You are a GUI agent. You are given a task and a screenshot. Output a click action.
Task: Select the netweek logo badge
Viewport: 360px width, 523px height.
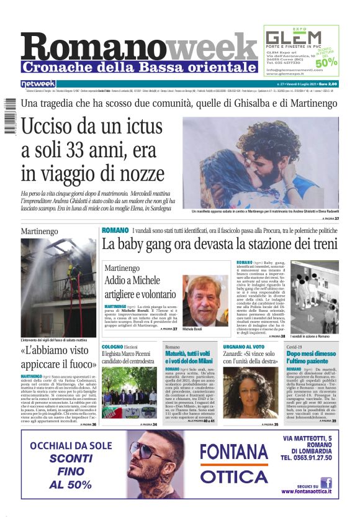tap(38, 84)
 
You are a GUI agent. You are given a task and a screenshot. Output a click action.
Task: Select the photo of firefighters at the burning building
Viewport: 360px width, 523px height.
tap(58, 287)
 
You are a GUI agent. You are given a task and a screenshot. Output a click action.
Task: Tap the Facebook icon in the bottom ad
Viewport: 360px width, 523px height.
tap(325, 483)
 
